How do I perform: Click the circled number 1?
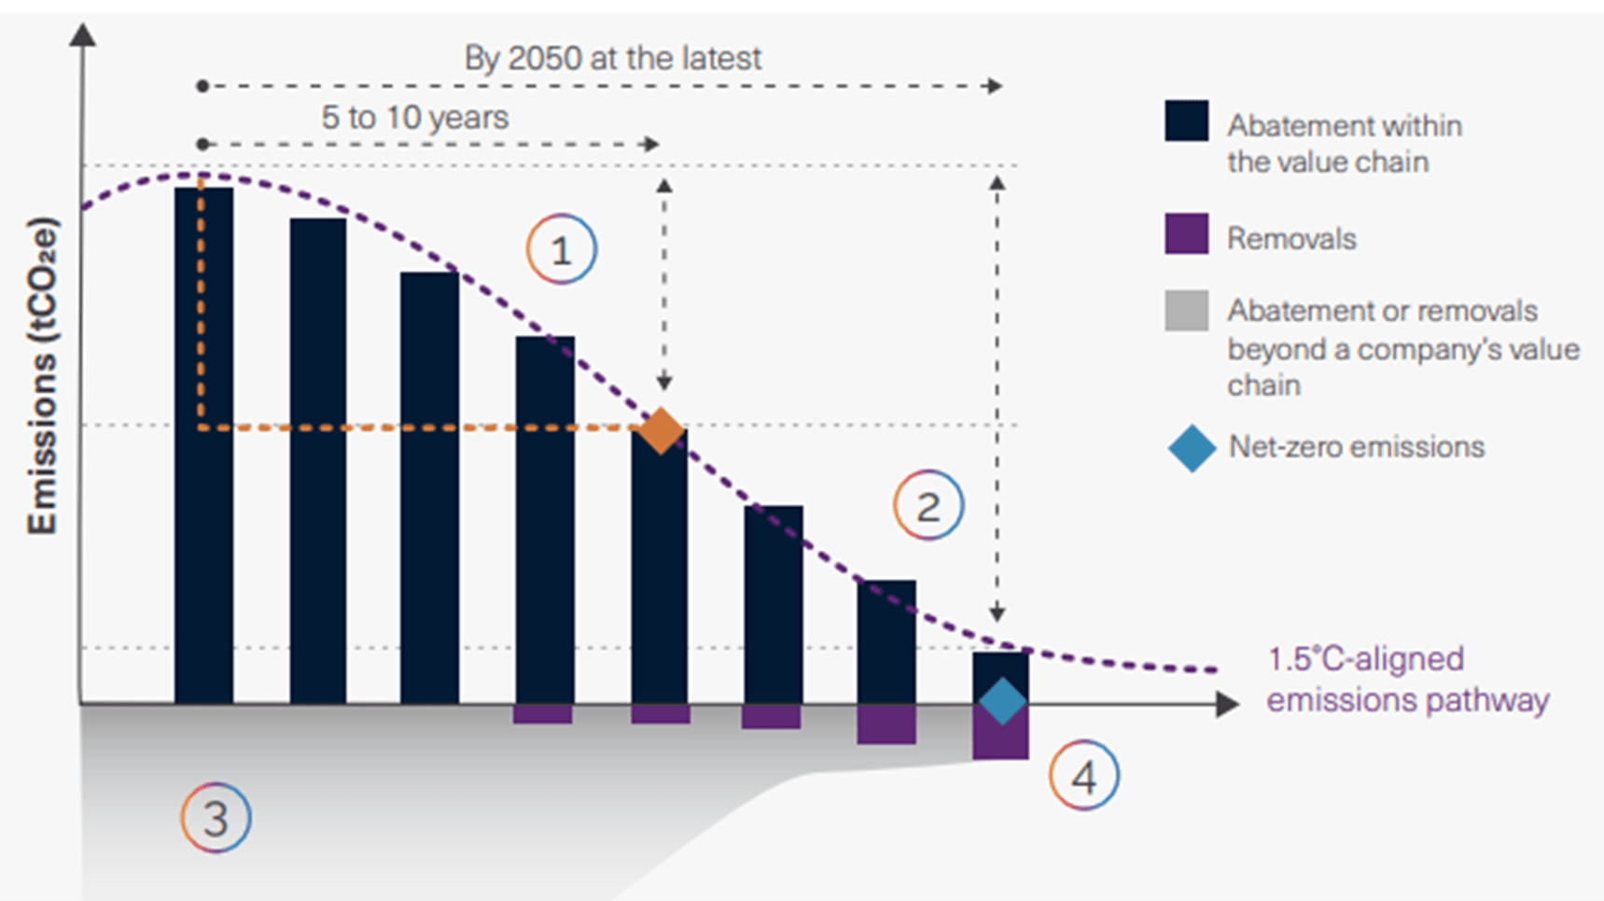tap(562, 250)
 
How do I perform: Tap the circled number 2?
tap(928, 506)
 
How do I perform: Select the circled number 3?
tap(216, 818)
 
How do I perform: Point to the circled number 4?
tap(1084, 775)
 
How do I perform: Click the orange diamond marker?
tap(662, 430)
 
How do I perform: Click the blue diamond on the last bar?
tap(1002, 701)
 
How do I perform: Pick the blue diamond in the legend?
tap(1192, 448)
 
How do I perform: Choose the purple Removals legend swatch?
tap(1187, 234)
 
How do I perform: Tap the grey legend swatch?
tap(1187, 311)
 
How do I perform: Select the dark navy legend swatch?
tap(1187, 120)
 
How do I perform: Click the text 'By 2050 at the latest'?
tap(613, 58)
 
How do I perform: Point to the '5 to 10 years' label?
tap(415, 118)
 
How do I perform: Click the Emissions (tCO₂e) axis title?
tap(43, 376)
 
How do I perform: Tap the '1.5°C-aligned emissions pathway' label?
tap(1407, 679)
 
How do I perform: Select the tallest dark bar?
tap(203, 445)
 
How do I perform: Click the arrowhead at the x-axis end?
tap(1228, 704)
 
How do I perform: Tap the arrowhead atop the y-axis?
tap(83, 35)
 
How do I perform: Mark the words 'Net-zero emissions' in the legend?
tap(1356, 447)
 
